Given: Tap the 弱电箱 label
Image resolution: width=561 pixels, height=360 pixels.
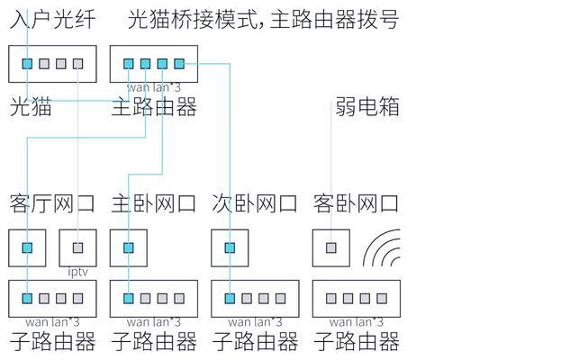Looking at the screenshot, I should pyautogui.click(x=366, y=108).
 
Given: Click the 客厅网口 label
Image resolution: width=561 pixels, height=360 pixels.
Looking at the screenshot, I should pyautogui.click(x=51, y=203).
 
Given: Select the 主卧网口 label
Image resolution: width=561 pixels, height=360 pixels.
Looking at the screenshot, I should pyautogui.click(x=153, y=203).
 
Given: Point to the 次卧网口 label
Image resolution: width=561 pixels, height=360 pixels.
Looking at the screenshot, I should pyautogui.click(x=255, y=203).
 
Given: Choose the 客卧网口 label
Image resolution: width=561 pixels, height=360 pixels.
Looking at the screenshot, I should pyautogui.click(x=357, y=203).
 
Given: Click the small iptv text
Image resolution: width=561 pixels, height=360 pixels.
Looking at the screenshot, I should pyautogui.click(x=78, y=270).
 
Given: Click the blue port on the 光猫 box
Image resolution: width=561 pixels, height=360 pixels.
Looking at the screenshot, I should pyautogui.click(x=28, y=64).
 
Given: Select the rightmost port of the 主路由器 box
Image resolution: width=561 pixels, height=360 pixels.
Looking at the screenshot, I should pyautogui.click(x=179, y=64).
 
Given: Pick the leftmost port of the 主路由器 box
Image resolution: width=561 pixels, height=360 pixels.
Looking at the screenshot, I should pyautogui.click(x=129, y=64).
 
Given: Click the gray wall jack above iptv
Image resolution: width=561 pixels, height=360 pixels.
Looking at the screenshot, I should pyautogui.click(x=78, y=247).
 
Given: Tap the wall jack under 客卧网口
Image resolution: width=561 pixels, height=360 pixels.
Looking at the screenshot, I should pyautogui.click(x=331, y=247).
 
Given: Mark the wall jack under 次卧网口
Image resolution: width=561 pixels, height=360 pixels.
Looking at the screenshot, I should pyautogui.click(x=231, y=247).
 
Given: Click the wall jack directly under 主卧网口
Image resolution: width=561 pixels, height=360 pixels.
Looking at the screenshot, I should pyautogui.click(x=129, y=247).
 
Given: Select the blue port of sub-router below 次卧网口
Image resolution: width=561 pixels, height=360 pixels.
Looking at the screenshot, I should pyautogui.click(x=231, y=298).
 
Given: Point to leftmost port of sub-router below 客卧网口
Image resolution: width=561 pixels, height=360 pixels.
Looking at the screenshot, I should pyautogui.click(x=331, y=298).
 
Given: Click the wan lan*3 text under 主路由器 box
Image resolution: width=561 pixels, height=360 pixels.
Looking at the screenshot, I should pyautogui.click(x=153, y=87).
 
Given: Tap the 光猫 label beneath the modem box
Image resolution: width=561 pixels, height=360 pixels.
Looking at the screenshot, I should pyautogui.click(x=30, y=108).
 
